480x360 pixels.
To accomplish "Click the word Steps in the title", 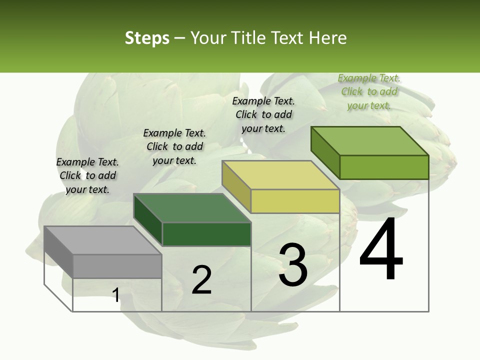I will click(147, 38).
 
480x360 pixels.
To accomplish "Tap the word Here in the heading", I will click(327, 38).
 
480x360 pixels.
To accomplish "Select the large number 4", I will click(381, 250).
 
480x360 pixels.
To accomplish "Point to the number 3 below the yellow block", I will click(292, 265).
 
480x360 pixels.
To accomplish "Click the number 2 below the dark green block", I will click(201, 280).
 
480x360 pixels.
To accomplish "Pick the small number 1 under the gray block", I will click(115, 295).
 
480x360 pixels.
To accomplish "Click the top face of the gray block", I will click(102, 240).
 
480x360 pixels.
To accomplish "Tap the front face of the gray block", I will click(117, 266).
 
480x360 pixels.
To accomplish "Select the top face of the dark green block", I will click(192, 208).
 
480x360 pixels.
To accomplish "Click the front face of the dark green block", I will click(206, 234).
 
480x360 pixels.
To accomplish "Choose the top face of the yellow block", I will click(280, 175).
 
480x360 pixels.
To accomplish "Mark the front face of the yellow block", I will click(295, 201).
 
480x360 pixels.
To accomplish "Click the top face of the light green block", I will click(369, 141).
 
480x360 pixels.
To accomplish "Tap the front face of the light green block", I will click(384, 167).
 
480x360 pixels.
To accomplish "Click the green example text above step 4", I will click(369, 92).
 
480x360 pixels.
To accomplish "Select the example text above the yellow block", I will click(263, 114).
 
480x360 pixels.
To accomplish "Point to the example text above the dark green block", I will click(174, 146).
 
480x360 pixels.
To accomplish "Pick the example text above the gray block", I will click(87, 175).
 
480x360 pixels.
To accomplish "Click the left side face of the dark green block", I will click(148, 219).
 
